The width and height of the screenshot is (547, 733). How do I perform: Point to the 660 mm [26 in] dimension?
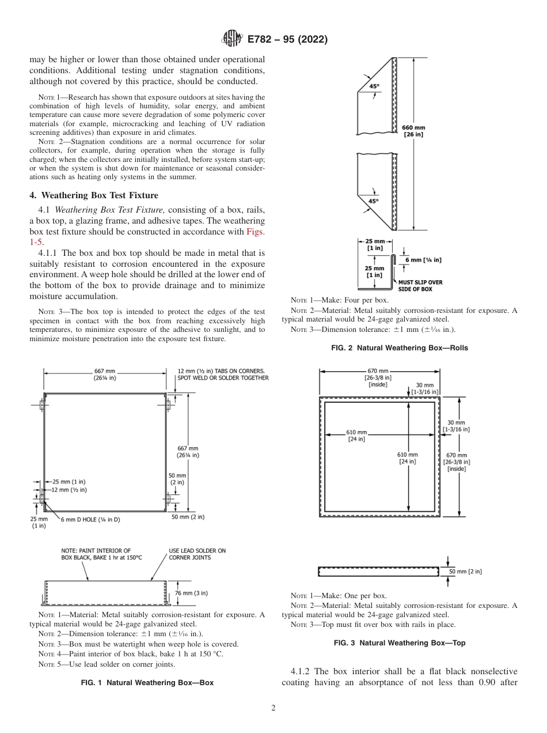[x=412, y=131]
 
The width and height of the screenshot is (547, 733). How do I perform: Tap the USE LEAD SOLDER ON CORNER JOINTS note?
[x=197, y=554]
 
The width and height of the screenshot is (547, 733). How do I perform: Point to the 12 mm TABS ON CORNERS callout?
[x=222, y=374]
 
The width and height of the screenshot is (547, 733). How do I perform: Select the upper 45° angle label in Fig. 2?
[x=374, y=86]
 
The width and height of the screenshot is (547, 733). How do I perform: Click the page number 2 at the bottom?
[x=273, y=708]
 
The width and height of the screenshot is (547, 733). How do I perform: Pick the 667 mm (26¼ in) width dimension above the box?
[x=104, y=375]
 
